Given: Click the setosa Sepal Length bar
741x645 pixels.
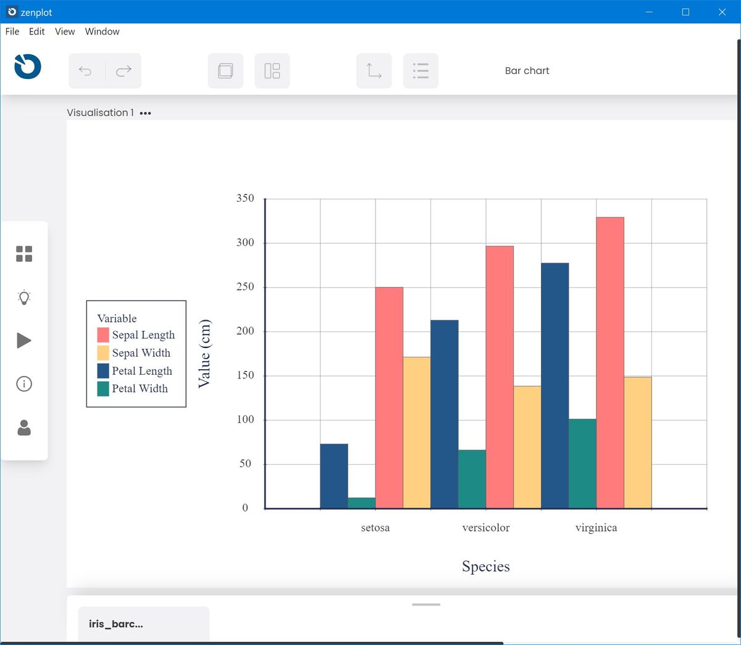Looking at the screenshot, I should pos(389,397).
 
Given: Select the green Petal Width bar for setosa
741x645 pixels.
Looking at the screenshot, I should pos(361,503).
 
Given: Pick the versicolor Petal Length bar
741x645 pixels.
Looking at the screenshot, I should pos(445,414).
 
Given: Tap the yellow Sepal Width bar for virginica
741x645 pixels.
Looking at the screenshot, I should pos(637,443).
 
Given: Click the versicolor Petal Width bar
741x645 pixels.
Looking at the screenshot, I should pos(472,479).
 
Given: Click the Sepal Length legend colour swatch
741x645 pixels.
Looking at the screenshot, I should pos(103,335).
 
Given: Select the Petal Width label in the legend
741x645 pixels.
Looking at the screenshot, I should pos(140,389).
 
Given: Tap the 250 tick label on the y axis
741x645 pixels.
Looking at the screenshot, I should pos(245,287).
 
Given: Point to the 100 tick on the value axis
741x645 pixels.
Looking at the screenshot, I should pos(245,420).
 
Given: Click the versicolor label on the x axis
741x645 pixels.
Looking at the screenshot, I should pos(486,528).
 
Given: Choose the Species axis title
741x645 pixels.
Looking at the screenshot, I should pos(486,567).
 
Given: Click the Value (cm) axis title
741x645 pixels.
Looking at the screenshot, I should pos(204,354).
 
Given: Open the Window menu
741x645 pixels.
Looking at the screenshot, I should pos(102,31).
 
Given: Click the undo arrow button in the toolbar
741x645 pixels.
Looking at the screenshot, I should pos(86,71).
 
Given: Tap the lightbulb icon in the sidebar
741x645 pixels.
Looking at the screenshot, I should pos(24,298).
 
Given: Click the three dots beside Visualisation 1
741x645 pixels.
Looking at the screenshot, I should pos(145,114).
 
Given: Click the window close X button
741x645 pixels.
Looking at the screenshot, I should pos(722,12).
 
